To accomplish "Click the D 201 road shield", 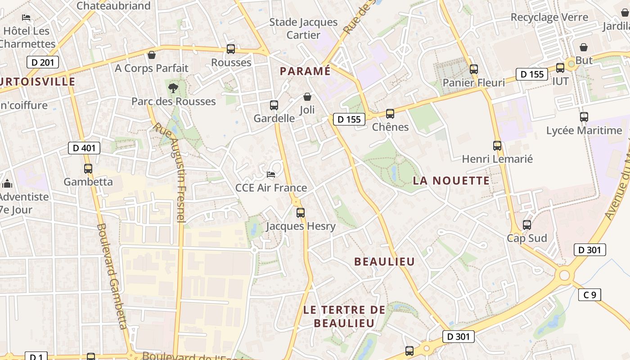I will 43,62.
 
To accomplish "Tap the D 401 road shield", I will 84,148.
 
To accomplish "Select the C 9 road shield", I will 589,295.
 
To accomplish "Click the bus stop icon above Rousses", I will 231,49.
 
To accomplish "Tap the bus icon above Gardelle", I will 274,105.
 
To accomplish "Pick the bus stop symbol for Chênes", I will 390,114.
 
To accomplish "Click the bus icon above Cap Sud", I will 527,225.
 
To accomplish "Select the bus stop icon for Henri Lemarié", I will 497,146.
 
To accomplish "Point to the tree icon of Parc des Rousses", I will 173,88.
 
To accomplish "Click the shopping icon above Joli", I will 307,97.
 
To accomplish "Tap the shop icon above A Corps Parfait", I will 152,55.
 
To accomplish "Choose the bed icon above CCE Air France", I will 271,175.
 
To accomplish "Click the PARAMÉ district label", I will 305,71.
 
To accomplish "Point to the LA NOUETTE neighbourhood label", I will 451,181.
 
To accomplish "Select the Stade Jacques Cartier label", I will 303,28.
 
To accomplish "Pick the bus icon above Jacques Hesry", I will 301,213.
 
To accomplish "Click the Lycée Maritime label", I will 584,130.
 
